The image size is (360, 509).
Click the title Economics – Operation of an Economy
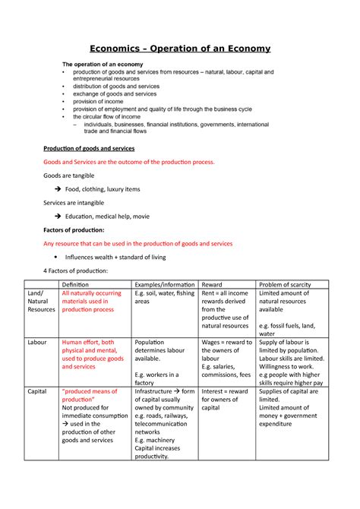tap(179, 48)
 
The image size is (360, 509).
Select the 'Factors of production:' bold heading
tap(78, 229)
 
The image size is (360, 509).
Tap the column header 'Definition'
tap(79, 283)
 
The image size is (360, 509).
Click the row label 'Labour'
tap(37, 343)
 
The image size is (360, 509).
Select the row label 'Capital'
tap(37, 392)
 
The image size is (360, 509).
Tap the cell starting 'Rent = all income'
tap(226, 293)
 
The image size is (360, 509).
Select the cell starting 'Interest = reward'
tap(226, 392)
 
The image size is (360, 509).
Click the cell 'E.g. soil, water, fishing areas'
tap(163, 297)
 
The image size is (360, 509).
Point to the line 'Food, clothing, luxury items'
tap(103, 189)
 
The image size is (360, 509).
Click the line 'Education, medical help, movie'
tap(106, 217)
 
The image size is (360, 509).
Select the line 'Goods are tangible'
tap(70, 175)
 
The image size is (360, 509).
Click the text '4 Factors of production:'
tap(75, 271)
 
